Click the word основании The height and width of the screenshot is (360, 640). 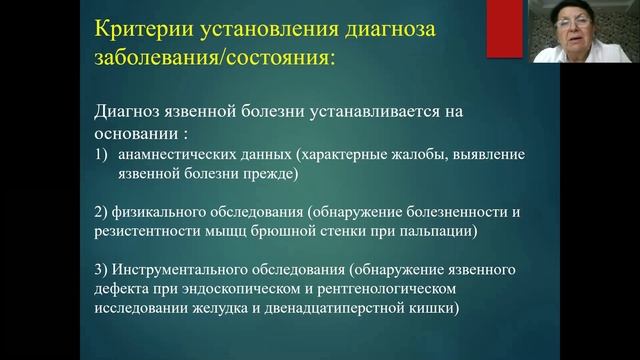[134, 134]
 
